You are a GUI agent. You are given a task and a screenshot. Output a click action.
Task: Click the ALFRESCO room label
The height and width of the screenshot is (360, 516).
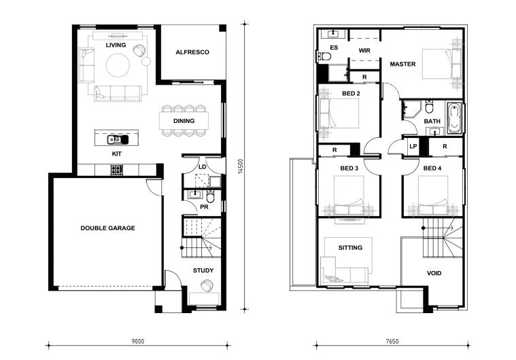click(x=192, y=52)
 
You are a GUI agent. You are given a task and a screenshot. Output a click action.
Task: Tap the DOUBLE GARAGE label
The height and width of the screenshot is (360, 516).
click(x=107, y=228)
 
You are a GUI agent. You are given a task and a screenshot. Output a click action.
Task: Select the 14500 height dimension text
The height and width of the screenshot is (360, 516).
click(x=241, y=166)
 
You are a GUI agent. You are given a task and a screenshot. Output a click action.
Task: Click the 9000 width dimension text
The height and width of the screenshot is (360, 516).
click(x=138, y=341)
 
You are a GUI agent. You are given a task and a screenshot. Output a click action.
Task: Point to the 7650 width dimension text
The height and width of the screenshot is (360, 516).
click(x=392, y=341)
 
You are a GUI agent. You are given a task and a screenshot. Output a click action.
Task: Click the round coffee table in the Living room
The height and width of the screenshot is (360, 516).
click(x=118, y=65)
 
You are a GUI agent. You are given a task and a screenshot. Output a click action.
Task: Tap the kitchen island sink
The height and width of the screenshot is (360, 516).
click(x=118, y=140)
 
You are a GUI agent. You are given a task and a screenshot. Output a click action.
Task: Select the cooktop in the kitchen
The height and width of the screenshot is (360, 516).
click(x=116, y=170)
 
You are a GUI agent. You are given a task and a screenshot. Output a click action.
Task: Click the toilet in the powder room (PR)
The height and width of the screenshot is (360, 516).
click(x=210, y=197)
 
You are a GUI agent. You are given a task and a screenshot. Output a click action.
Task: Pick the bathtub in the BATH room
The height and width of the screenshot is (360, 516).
click(x=454, y=118)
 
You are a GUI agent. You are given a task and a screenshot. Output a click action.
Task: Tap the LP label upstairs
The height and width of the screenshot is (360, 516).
click(x=413, y=146)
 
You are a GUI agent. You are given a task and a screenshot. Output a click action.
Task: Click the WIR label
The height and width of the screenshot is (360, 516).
click(x=364, y=50)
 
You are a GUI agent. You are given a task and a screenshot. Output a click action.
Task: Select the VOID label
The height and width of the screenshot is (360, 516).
click(x=434, y=273)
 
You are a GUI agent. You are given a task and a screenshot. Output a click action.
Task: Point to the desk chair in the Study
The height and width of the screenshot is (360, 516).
click(x=207, y=285)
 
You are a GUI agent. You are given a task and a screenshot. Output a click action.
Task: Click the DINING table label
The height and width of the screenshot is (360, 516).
click(x=184, y=121)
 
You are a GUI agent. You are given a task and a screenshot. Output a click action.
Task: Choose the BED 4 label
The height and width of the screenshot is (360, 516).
click(x=432, y=168)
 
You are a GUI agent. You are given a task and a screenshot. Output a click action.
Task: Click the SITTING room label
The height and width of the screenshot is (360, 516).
click(x=350, y=247)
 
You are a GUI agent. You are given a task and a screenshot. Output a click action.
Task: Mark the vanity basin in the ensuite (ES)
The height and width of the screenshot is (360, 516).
click(x=334, y=33)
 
